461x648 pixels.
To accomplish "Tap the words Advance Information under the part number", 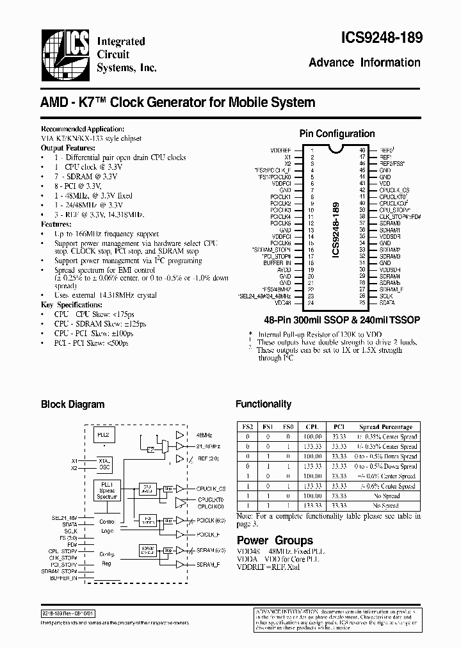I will click(364, 63).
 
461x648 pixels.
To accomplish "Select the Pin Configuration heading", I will click(337, 134).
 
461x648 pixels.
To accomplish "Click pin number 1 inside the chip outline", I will click(312, 150).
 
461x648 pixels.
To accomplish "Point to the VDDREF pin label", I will click(281, 150).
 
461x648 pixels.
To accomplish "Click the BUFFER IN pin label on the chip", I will click(277, 263).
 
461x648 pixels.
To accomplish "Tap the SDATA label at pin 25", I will click(387, 303).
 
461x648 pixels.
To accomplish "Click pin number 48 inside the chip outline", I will click(362, 150).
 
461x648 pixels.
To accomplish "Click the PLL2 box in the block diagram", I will click(103, 434).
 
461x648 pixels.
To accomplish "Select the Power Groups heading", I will click(275, 540).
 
